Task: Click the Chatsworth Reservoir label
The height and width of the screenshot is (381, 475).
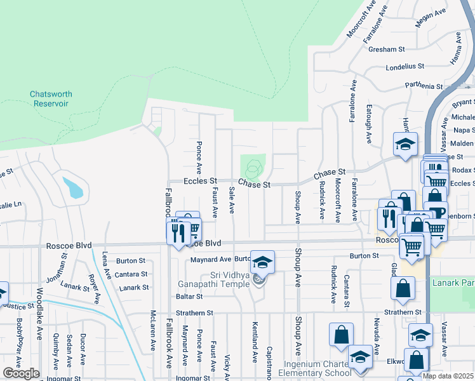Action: pos(51,98)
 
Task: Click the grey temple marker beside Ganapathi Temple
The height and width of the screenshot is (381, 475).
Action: pos(258,279)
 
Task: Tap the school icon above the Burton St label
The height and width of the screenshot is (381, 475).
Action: pos(261,262)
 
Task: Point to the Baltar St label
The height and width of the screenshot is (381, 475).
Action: pos(190,296)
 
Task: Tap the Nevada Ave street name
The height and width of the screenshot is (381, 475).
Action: pos(377,336)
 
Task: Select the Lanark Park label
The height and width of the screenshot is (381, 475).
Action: pos(453,282)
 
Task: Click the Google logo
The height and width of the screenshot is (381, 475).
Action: pos(21,373)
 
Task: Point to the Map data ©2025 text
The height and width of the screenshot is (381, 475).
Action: pos(448,376)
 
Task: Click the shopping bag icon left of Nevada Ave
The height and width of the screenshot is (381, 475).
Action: pos(341,335)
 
